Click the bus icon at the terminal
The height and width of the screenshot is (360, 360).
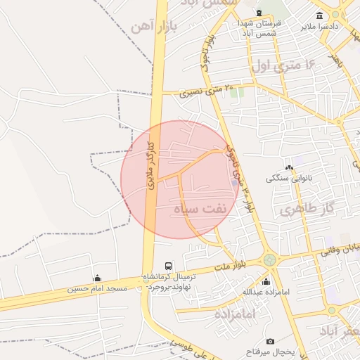pos(167,266)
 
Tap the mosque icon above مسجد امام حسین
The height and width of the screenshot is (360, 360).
pos(97,278)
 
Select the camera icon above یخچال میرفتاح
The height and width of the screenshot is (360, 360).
pos(250,342)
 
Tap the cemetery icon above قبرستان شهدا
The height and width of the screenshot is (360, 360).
pos(259,13)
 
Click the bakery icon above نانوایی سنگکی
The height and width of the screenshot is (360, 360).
pos(289,167)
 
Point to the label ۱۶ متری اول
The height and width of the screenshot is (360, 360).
pos(285,65)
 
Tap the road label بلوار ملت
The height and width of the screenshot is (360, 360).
pos(229,264)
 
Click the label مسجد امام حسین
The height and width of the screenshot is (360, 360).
pos(97,289)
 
